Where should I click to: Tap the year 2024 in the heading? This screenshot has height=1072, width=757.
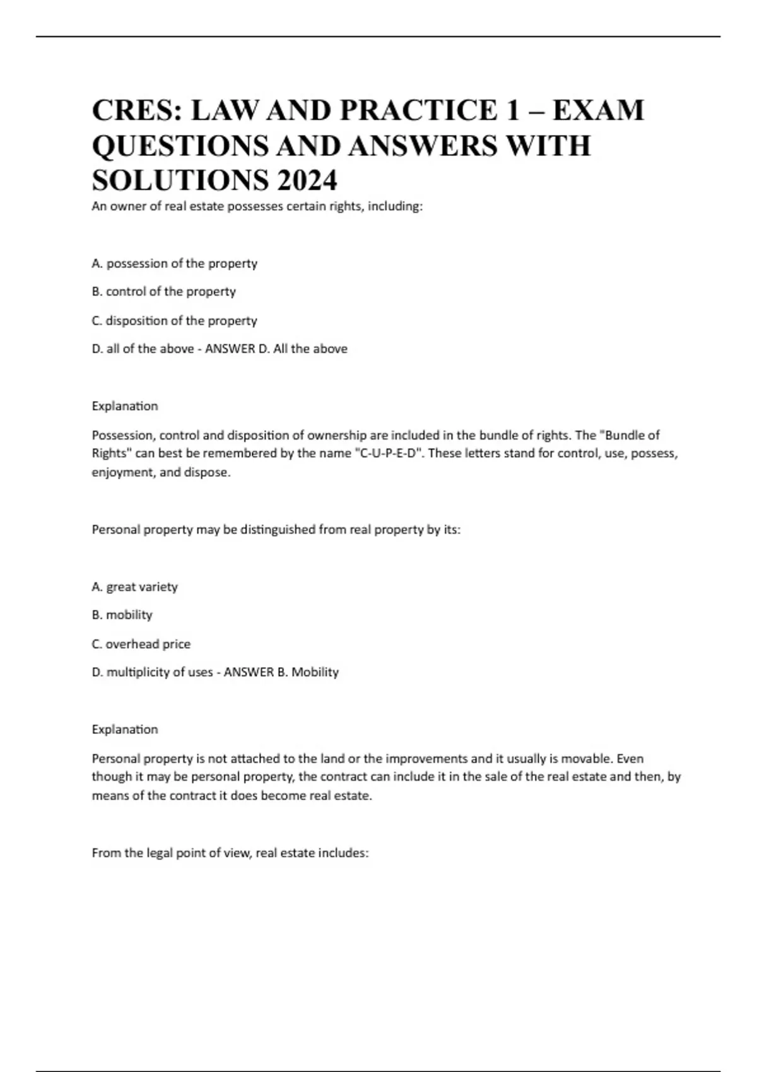306,181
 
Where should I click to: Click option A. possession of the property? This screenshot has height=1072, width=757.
174,264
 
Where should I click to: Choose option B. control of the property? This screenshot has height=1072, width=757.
163,292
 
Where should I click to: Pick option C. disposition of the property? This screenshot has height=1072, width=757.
174,321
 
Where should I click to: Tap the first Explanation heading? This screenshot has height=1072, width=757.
125,406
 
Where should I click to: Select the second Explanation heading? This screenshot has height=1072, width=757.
125,730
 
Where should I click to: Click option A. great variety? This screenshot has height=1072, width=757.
134,587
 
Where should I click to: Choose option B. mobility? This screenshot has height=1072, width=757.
122,615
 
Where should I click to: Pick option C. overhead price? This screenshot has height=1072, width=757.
141,644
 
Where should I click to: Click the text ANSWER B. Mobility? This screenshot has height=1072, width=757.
281,672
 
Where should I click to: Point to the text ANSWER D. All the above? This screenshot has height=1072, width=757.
276,349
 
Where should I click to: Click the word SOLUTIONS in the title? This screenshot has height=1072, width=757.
180,181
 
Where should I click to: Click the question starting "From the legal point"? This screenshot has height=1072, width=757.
230,853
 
